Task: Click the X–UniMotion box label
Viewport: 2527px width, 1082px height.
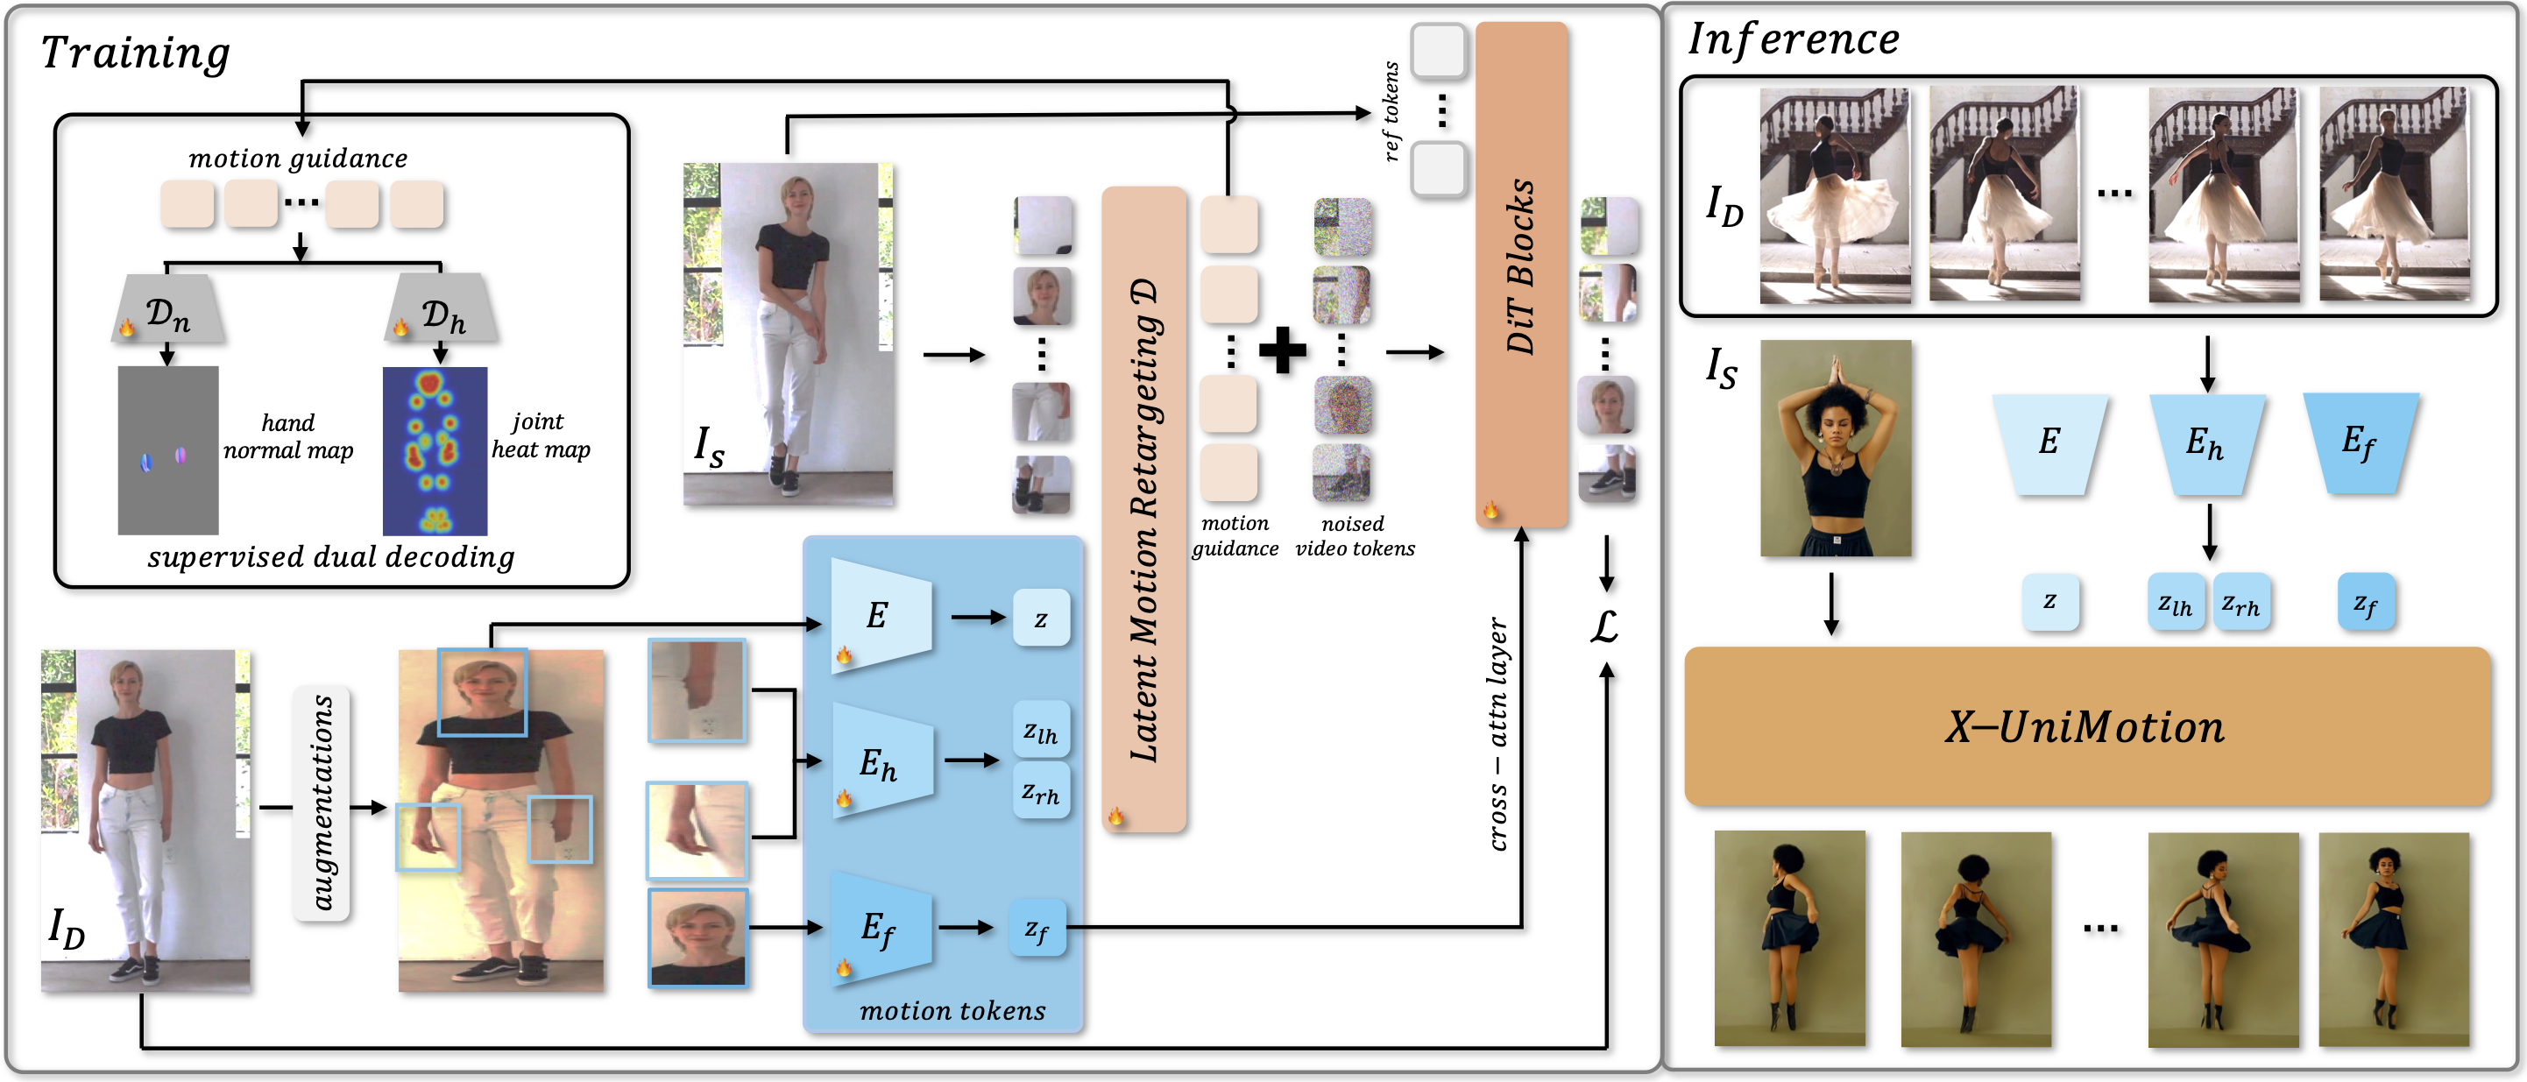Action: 2085,727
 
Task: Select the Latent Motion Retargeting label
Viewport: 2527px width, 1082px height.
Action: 1143,520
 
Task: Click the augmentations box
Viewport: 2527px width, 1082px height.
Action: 322,803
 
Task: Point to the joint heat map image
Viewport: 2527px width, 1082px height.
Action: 435,450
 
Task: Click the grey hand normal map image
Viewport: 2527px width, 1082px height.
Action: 167,450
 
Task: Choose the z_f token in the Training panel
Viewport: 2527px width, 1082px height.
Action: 1037,928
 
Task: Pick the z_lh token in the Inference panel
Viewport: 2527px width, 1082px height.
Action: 2175,602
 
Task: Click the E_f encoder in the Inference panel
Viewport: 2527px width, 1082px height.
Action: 2361,442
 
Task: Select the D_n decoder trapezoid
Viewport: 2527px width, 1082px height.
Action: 167,308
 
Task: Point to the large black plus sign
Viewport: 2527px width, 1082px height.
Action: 1282,350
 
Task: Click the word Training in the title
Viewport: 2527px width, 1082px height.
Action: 135,52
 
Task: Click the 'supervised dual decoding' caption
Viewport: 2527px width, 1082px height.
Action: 331,557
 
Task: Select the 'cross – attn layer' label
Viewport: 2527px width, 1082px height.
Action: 1497,734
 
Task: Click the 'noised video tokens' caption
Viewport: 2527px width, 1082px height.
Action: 1355,536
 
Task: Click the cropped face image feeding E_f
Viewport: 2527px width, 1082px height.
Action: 697,937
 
